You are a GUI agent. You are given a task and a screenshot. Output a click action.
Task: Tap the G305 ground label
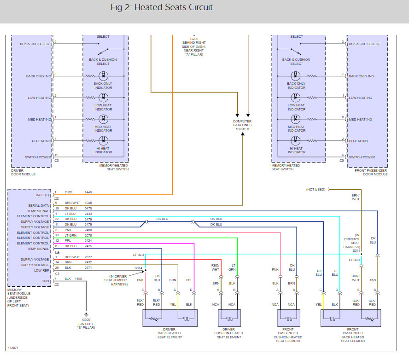click(86, 319)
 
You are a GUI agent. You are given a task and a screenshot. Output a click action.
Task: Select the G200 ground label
click(194, 39)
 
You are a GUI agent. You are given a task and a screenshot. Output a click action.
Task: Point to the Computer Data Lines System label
click(242, 125)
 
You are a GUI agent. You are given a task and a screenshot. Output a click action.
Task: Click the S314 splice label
click(138, 268)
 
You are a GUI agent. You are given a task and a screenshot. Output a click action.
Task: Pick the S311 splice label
click(356, 251)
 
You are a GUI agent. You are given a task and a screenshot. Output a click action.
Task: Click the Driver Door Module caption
click(23, 172)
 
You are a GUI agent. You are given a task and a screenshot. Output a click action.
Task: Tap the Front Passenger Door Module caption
click(371, 172)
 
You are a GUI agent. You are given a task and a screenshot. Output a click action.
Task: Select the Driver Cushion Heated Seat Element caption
click(228, 333)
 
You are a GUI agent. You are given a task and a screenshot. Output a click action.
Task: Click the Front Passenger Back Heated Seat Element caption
click(353, 335)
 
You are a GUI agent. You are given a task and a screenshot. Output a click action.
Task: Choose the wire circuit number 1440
click(88, 192)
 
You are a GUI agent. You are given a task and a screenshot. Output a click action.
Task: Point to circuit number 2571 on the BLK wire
click(88, 268)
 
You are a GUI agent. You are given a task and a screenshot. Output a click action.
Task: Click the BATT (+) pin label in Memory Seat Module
click(42, 195)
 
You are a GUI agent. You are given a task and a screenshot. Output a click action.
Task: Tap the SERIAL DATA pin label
click(39, 205)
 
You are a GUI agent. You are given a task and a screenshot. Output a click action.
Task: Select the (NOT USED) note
click(316, 189)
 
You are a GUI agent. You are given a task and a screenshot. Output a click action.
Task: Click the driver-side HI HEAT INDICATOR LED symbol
click(103, 141)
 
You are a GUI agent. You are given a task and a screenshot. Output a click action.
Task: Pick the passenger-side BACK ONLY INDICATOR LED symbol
click(296, 76)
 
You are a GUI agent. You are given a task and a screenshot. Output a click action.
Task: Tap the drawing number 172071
click(13, 348)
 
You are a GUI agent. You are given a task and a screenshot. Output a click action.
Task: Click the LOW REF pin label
click(41, 270)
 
